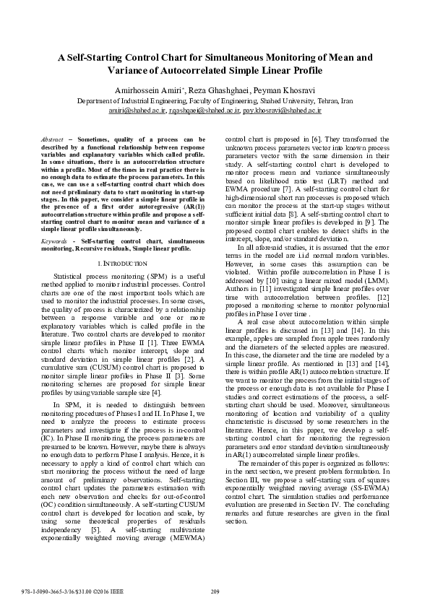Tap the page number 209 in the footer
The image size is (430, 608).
coord(215,593)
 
